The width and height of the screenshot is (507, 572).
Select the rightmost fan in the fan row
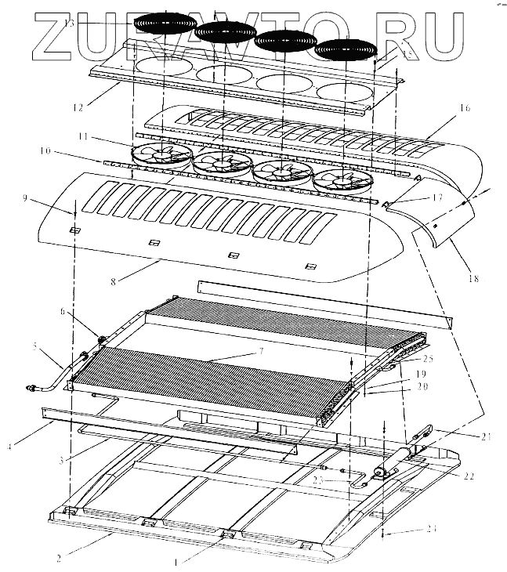point(342,179)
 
